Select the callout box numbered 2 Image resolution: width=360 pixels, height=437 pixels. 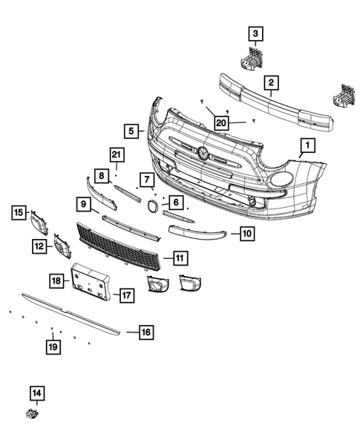[x=272, y=82]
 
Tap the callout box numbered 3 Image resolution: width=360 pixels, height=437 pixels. [x=255, y=33]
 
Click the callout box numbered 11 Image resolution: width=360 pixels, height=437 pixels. [x=180, y=258]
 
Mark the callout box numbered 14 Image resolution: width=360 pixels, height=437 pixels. [x=37, y=392]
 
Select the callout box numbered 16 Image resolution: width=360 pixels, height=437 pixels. [x=145, y=332]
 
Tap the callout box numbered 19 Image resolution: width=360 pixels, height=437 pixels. [x=52, y=345]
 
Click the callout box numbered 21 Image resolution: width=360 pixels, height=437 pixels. [x=115, y=154]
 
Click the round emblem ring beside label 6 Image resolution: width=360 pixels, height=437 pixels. [x=151, y=206]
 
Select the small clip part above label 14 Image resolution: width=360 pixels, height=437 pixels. [x=33, y=413]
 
